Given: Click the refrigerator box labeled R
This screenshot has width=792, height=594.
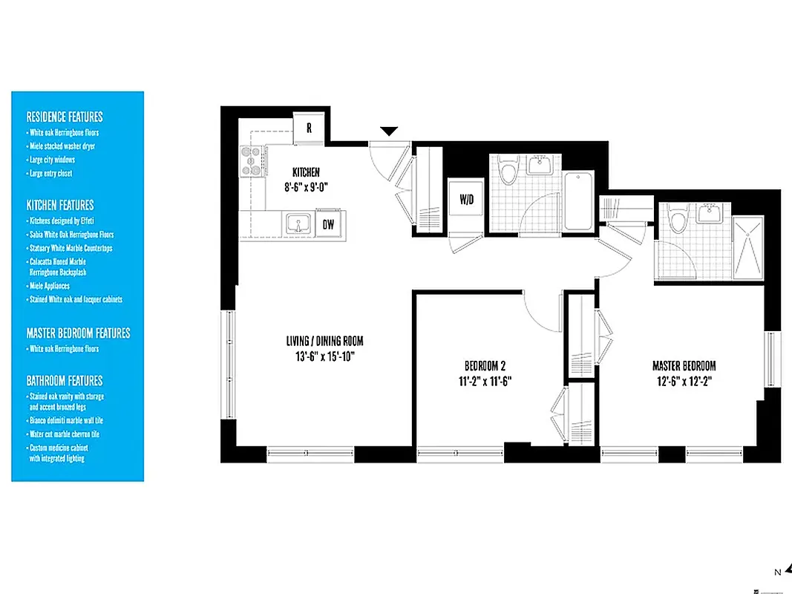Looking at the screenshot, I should (309, 127).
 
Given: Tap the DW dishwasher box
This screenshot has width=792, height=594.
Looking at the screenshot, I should (328, 223).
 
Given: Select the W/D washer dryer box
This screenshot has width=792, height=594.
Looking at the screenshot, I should (467, 199).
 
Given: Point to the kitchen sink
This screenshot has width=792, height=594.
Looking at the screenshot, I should (298, 223).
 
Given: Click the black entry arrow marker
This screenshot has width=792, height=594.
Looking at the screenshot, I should (389, 131).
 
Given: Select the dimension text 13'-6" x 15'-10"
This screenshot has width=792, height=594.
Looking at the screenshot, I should (324, 356).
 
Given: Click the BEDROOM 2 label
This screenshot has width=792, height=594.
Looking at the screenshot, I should (485, 365).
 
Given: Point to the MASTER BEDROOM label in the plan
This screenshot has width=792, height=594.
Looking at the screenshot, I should (684, 365).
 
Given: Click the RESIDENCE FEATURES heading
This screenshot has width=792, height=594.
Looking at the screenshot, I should (65, 117).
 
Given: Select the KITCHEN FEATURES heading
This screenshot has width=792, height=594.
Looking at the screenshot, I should (60, 204).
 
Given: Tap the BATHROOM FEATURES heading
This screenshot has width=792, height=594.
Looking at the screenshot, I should (65, 380).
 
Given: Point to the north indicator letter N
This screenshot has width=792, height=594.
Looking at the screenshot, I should (777, 572).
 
